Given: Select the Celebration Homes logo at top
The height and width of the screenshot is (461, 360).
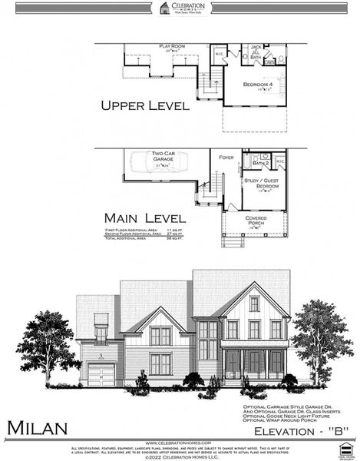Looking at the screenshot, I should pyautogui.click(x=180, y=8).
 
